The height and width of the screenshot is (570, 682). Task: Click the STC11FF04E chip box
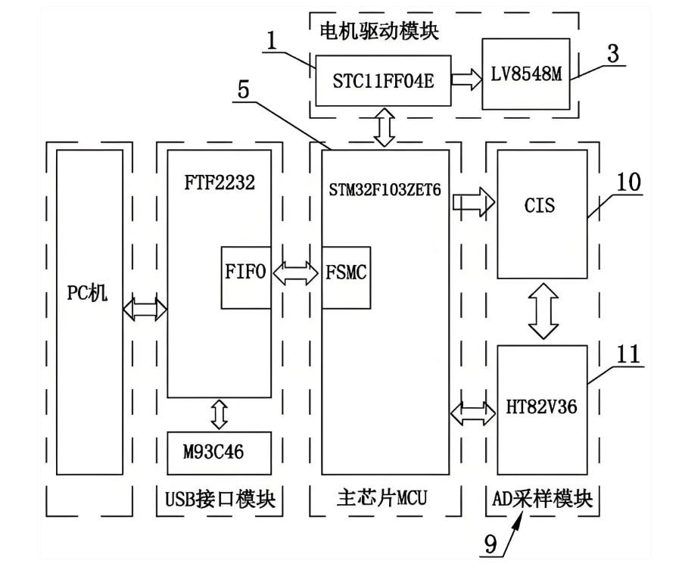click(383, 79)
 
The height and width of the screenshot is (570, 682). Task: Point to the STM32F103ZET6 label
click(385, 189)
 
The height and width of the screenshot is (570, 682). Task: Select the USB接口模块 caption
click(220, 499)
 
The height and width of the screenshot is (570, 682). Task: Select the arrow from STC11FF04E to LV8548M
click(467, 79)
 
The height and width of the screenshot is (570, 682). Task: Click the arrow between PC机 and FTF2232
click(145, 307)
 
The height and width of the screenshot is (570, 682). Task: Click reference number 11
click(628, 354)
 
